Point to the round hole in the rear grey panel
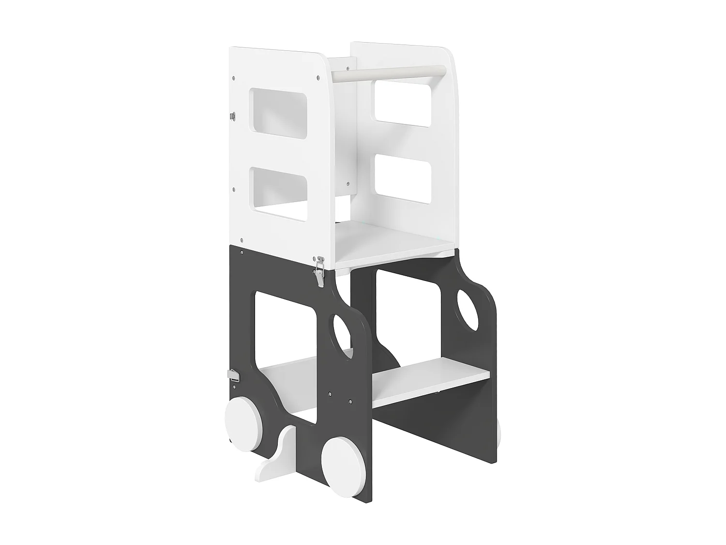(x=468, y=310)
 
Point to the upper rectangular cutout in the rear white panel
(x=402, y=103)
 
